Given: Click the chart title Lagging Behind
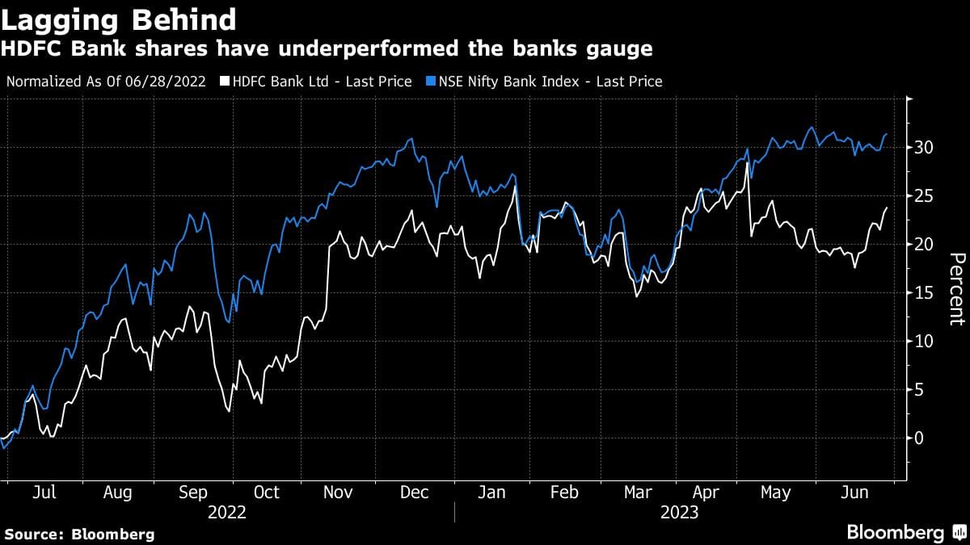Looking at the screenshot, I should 119,19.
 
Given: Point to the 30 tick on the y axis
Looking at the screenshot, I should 927,148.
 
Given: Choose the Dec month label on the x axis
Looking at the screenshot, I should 414,493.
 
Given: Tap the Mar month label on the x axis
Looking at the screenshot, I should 638,493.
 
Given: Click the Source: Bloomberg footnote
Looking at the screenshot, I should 79,535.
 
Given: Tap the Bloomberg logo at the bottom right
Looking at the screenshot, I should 905,533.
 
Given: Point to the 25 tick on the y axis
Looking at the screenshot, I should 927,196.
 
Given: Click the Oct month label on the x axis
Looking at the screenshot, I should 266,493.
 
